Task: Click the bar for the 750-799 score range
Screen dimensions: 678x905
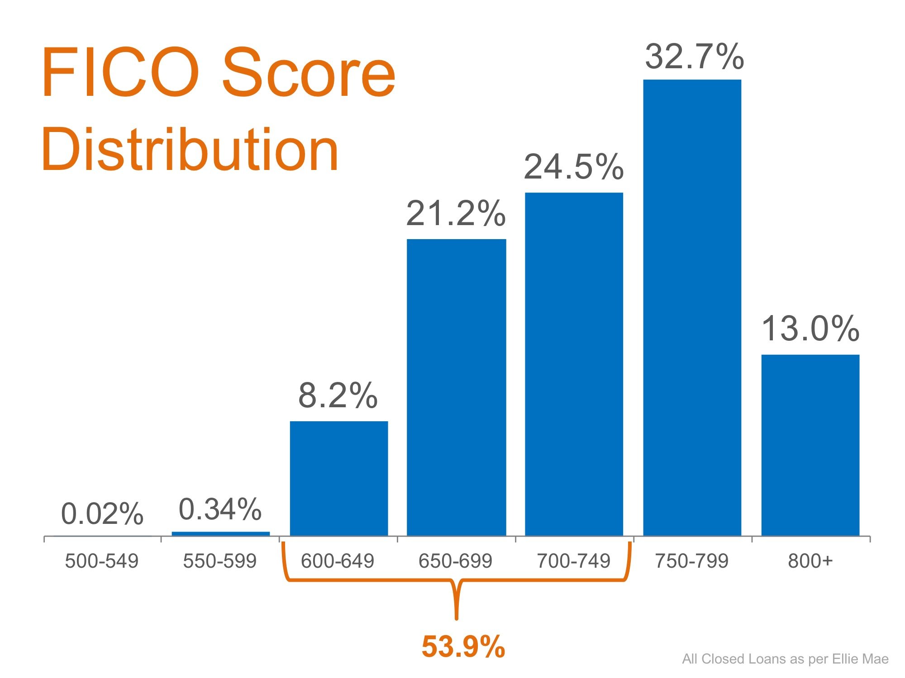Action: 692,307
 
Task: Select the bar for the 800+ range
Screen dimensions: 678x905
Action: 810,445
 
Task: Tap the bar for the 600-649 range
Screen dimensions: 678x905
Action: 338,478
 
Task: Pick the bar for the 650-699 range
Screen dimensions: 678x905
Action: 456,387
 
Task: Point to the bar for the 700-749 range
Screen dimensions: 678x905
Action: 574,364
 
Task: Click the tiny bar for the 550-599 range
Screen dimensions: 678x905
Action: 221,534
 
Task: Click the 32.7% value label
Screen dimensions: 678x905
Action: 694,57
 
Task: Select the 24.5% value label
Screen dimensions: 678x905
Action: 574,167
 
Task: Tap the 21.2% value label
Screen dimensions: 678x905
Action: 456,213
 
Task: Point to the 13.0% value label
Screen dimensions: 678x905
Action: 810,329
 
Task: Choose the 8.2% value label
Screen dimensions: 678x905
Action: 338,395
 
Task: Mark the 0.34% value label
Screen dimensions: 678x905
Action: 220,509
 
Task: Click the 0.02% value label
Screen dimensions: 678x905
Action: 102,514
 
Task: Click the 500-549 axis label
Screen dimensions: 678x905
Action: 102,561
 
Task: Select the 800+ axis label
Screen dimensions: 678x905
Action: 810,561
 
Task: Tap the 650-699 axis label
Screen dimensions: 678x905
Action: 455,561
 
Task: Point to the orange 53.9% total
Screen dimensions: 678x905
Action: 463,646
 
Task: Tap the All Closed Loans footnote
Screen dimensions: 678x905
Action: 785,659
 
